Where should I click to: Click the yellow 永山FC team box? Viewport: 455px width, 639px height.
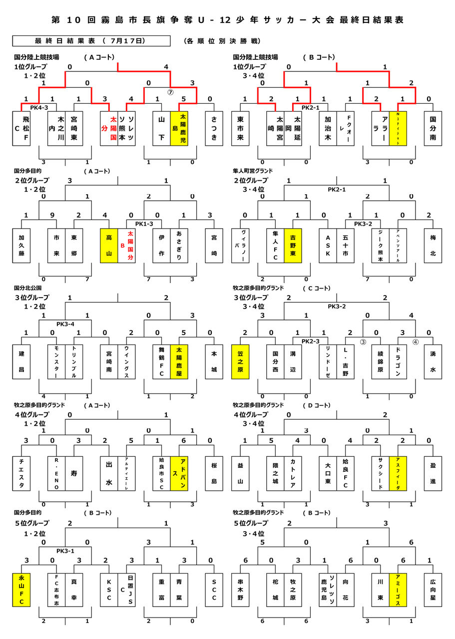(21, 590)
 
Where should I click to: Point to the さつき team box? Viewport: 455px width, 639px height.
(214, 128)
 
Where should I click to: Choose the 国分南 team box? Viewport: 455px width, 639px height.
(433, 128)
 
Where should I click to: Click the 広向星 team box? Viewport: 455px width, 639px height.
(433, 590)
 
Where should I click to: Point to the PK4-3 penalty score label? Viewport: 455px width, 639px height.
(38, 107)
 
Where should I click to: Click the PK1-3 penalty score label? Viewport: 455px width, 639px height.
(135, 224)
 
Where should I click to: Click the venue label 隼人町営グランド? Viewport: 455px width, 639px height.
(255, 171)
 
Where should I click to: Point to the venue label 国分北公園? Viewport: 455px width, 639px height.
(28, 288)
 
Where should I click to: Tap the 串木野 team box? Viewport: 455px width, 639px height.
(241, 590)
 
